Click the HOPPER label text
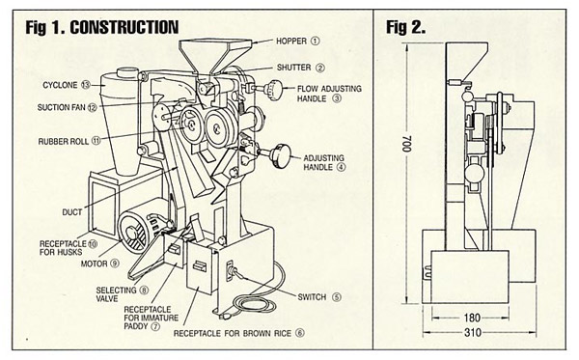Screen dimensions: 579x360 pos(291,41)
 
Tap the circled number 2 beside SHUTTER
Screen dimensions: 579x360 pos(319,68)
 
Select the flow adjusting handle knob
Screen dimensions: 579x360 pos(274,89)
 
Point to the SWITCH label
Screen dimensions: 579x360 pos(312,297)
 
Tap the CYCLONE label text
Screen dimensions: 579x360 pos(60,85)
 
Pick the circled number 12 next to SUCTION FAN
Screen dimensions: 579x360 pos(93,107)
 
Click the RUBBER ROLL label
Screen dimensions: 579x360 pos(64,142)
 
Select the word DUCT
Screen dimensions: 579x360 pos(72,212)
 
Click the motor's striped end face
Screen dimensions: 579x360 pos(133,234)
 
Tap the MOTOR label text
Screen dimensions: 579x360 pos(95,264)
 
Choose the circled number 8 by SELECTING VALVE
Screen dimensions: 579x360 pos(144,291)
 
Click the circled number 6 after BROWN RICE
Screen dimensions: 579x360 pos(300,333)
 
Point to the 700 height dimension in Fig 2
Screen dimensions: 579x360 pos(406,144)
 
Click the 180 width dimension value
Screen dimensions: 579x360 pos(472,318)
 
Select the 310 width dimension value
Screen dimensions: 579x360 pos(472,333)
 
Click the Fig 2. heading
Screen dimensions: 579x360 pos(406,27)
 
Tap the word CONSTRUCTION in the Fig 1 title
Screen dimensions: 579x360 pos(124,27)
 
